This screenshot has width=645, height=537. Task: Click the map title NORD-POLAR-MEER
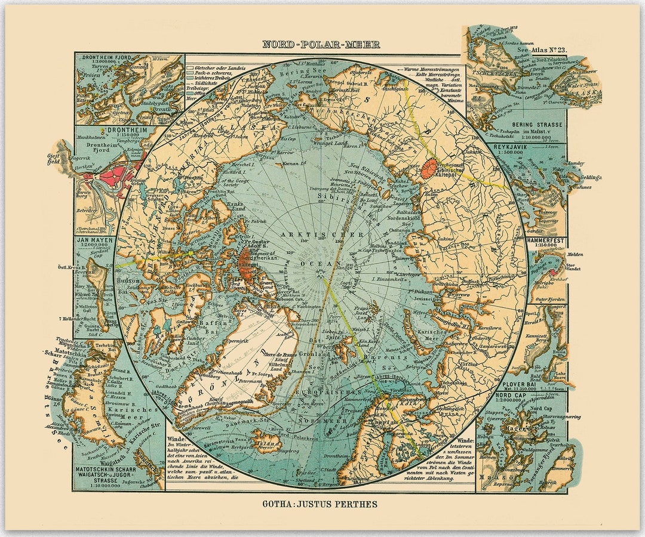321,44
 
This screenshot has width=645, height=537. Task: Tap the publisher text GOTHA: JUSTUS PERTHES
320,504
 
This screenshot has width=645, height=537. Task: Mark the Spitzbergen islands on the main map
345,349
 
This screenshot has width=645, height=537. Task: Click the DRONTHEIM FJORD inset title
106,59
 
